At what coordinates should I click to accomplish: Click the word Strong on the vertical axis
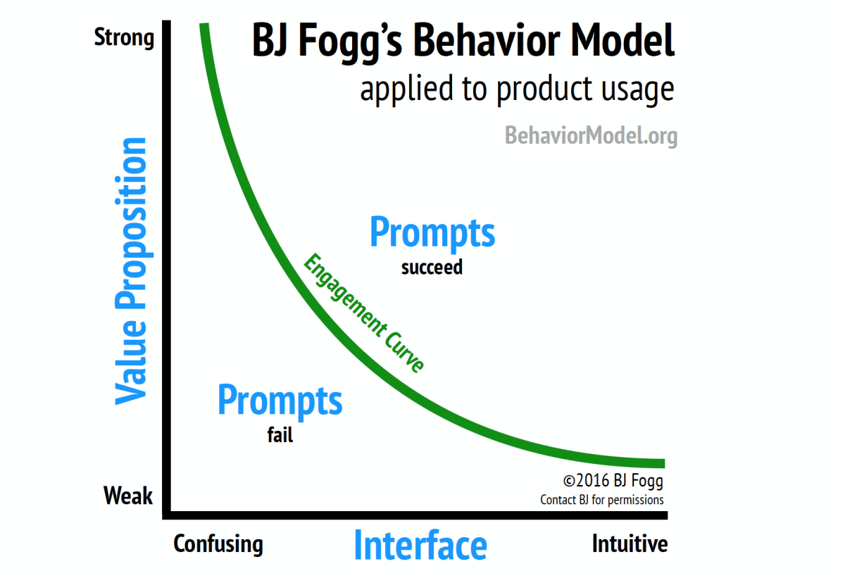(124, 38)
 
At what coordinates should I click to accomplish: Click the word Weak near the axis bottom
(128, 495)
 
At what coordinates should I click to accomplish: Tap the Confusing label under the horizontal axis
(218, 544)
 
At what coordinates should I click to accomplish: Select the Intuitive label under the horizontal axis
(630, 543)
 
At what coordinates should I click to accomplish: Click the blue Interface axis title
(420, 545)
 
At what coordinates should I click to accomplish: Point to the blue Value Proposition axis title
(130, 271)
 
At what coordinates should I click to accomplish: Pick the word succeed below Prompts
(432, 268)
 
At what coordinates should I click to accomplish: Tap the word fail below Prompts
(280, 435)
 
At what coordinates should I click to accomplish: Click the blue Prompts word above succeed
(432, 232)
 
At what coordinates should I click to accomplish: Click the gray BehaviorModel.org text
(591, 136)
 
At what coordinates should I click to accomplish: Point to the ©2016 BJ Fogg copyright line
(613, 481)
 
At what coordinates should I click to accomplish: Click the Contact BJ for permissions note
(602, 500)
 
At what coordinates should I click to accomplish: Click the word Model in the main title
(622, 40)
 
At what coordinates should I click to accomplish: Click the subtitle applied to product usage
(517, 89)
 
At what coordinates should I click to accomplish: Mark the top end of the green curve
(204, 24)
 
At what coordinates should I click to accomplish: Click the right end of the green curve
(664, 463)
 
